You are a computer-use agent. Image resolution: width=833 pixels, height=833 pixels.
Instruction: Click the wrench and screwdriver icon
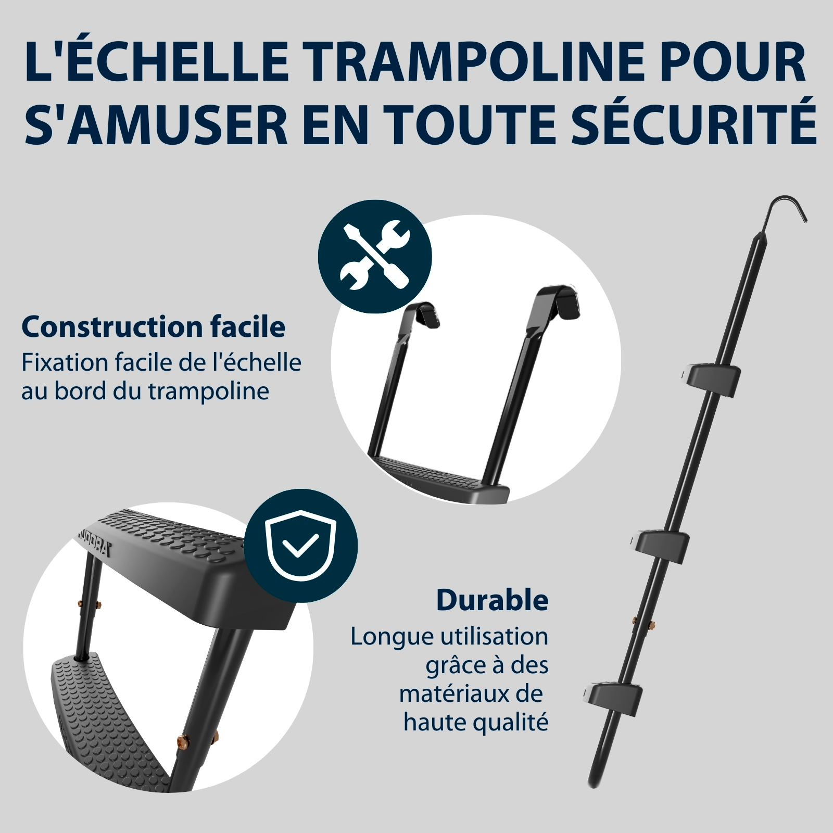(375, 256)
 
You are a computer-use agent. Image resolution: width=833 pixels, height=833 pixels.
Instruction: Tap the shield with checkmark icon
(301, 546)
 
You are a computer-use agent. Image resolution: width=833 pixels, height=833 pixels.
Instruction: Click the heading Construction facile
(154, 327)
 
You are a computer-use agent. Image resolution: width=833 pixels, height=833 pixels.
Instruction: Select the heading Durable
(493, 600)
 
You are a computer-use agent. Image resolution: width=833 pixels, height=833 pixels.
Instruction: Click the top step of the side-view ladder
(711, 376)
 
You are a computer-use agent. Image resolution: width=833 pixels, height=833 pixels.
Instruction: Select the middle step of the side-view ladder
(660, 543)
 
